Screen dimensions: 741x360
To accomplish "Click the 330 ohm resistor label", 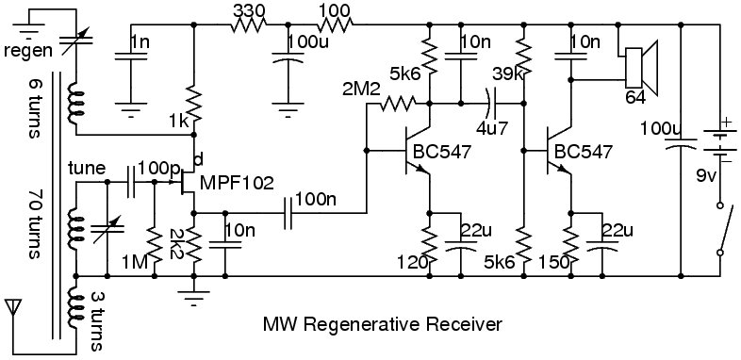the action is (249, 10).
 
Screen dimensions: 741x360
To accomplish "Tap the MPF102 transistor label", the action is (237, 183).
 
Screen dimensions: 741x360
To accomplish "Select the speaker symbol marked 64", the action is (641, 68).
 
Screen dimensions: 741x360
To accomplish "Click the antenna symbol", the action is (13, 308).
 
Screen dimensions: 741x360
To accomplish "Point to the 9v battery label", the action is (707, 175).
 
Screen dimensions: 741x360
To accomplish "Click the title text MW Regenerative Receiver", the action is (383, 325).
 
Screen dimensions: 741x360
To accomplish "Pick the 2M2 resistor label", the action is (361, 90).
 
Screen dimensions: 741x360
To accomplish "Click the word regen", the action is (28, 51).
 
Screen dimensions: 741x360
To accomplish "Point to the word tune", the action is (87, 168).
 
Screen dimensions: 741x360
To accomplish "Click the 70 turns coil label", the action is (36, 225).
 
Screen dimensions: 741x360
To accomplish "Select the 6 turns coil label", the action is (36, 108).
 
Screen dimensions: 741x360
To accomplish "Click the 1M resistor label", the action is (136, 260).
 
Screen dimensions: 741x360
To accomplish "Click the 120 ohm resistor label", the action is (413, 262).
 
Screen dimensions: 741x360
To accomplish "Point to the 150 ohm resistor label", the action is (553, 262).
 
